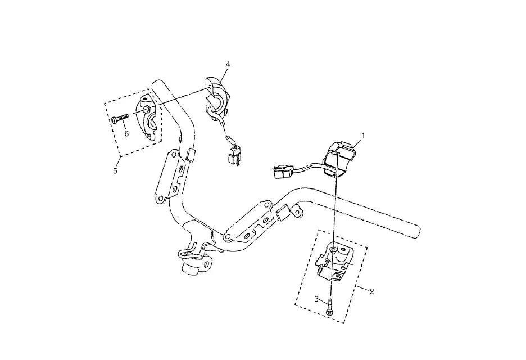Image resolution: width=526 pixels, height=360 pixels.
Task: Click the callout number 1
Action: pyautogui.click(x=363, y=136)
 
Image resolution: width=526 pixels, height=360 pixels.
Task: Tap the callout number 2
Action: pyautogui.click(x=371, y=291)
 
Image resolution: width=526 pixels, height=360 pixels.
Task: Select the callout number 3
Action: pyautogui.click(x=316, y=299)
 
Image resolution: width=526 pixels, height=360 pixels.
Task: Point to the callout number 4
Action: pyautogui.click(x=228, y=64)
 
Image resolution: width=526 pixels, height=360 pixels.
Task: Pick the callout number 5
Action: pyautogui.click(x=115, y=170)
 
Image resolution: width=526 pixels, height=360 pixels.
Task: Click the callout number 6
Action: pyautogui.click(x=126, y=133)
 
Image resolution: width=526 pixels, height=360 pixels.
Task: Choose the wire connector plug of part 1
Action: pyautogui.click(x=280, y=172)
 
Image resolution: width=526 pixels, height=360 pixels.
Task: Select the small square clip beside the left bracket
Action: pyautogui.click(x=189, y=155)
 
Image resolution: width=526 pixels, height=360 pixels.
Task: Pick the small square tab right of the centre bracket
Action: pyautogui.click(x=283, y=214)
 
